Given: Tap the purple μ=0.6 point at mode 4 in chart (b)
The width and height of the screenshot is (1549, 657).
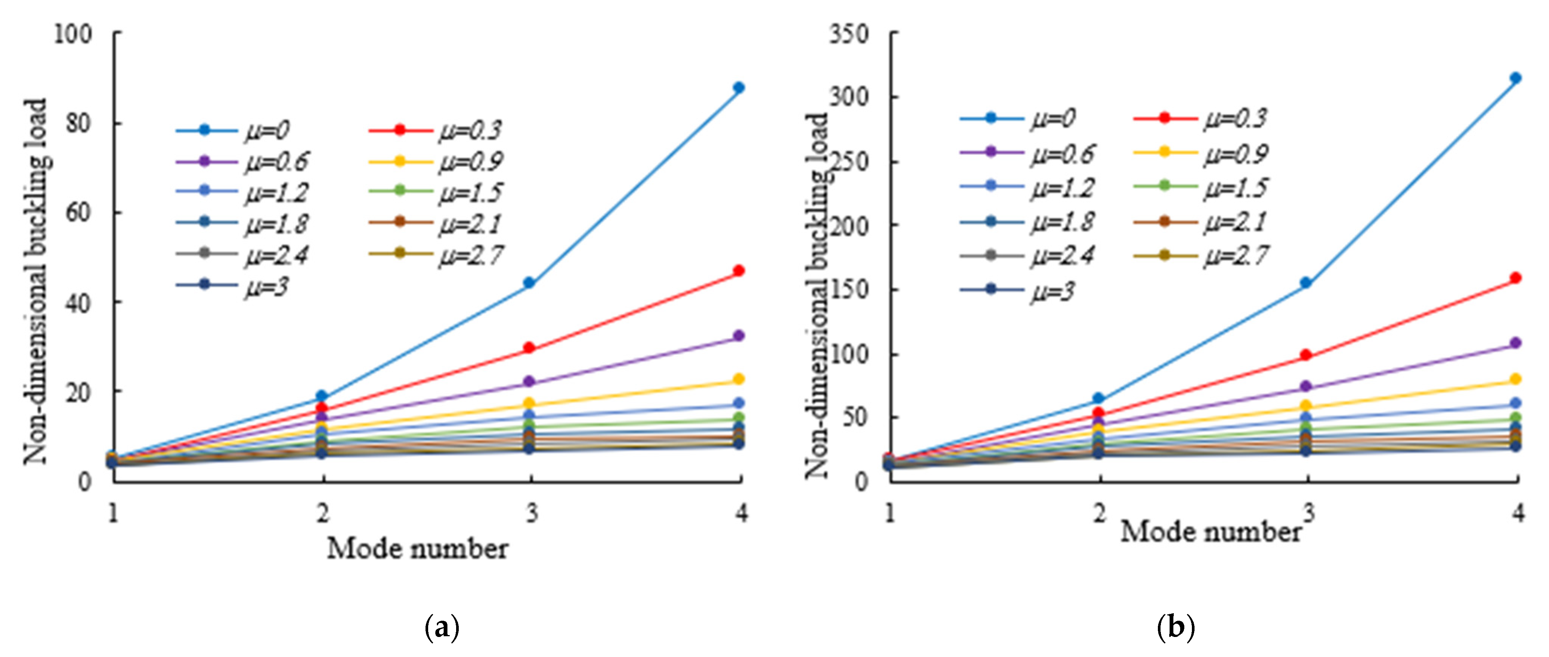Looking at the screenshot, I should [x=1515, y=343].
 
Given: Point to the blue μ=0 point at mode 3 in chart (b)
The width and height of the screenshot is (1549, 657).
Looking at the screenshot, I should [x=1306, y=283].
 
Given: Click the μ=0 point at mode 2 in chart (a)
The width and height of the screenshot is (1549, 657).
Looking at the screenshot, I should [x=322, y=396].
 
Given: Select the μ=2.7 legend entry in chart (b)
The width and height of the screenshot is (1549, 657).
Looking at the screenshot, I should [x=1202, y=255].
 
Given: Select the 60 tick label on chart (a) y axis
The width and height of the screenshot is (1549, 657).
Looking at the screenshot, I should [x=78, y=213].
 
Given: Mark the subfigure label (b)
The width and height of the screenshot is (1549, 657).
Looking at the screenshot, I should [x=1176, y=628].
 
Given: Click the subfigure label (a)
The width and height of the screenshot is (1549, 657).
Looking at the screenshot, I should [x=442, y=628].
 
